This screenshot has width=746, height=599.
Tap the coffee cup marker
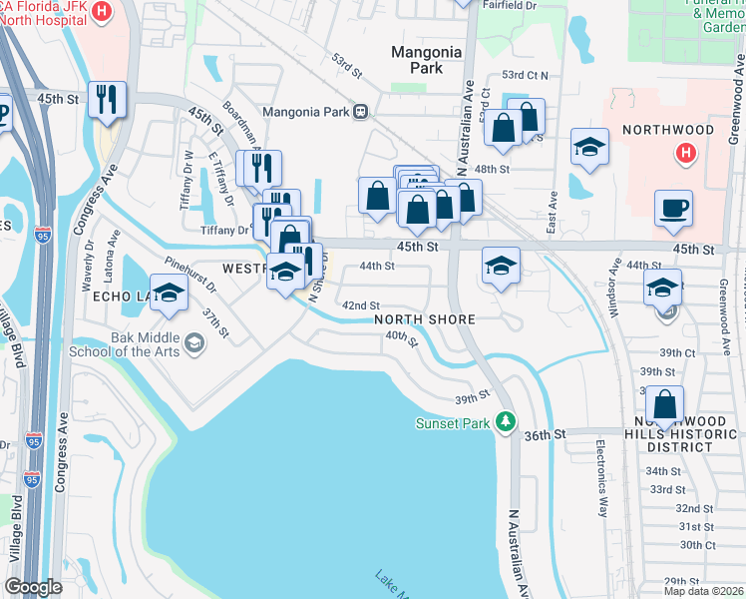click(673, 208)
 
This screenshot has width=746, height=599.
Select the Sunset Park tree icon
click(507, 423)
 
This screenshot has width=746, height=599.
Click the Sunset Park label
click(454, 423)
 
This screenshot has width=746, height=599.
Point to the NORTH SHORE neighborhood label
click(424, 319)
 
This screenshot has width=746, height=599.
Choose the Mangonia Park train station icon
click(360, 112)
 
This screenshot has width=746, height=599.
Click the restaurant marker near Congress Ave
click(107, 99)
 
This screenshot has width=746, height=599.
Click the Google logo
click(33, 586)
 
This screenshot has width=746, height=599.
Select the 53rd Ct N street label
click(526, 75)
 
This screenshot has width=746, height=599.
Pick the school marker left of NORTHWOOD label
click(589, 146)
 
